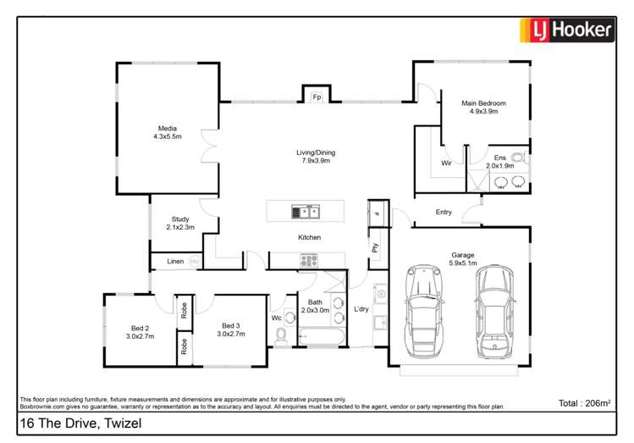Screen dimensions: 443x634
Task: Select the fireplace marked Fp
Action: pyautogui.click(x=317, y=97)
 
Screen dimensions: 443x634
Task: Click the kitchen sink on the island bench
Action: pyautogui.click(x=306, y=211)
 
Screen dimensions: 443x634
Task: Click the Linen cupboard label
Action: pyautogui.click(x=175, y=262)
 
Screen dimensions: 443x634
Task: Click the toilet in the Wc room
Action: pyautogui.click(x=283, y=337)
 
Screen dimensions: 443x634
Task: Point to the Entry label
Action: pyautogui.click(x=444, y=213)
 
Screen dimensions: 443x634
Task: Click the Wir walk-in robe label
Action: pyautogui.click(x=446, y=163)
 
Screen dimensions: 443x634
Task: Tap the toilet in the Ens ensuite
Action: pyautogui.click(x=519, y=158)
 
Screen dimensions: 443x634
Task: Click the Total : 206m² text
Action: pyautogui.click(x=584, y=402)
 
